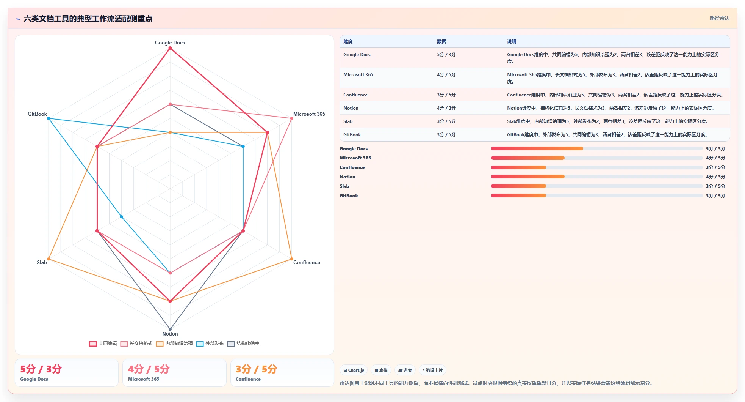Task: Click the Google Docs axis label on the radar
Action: [x=170, y=43]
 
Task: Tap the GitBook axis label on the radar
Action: [x=37, y=114]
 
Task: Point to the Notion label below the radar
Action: [x=170, y=334]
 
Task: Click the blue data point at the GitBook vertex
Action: [x=49, y=118]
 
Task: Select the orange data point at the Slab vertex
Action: [x=49, y=259]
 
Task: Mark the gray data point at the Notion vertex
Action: [x=170, y=329]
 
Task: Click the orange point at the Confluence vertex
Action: [x=291, y=259]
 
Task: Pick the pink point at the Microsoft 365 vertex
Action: [x=291, y=118]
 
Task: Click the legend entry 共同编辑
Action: [x=103, y=344]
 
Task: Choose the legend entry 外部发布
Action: [x=210, y=344]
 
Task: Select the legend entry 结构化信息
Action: [x=243, y=344]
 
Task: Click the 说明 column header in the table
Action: [x=512, y=42]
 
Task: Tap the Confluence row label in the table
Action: [x=355, y=95]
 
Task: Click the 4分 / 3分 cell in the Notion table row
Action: [x=446, y=108]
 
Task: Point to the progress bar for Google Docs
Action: [x=597, y=148]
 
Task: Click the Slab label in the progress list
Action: [x=344, y=186]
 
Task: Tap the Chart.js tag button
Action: [x=354, y=370]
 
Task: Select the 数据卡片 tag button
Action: [x=432, y=370]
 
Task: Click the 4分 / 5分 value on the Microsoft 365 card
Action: [x=149, y=369]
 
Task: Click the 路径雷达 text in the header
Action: [x=719, y=18]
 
